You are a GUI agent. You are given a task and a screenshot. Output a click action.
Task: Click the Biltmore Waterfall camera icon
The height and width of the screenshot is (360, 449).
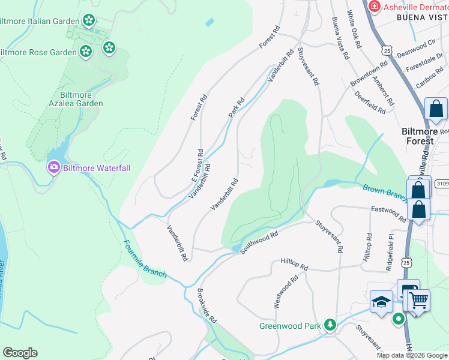[x=54, y=167]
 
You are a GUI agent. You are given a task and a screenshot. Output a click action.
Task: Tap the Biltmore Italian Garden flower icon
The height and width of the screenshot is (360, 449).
[x=89, y=20]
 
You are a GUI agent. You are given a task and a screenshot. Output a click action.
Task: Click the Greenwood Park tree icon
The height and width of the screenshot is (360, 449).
[x=329, y=325]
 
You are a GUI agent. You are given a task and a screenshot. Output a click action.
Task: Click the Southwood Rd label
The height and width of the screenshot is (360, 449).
[x=259, y=242]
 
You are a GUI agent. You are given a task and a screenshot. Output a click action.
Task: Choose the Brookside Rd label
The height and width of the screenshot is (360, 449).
[x=206, y=307]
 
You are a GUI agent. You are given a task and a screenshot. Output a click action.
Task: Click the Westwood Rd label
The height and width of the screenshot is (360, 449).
[x=286, y=292]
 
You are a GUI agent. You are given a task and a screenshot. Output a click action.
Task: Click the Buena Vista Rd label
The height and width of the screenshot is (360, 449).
[x=340, y=38]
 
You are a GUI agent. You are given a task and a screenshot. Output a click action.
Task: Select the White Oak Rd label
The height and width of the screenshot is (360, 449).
[x=354, y=29]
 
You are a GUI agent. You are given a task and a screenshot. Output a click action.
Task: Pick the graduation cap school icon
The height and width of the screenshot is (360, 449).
[x=381, y=302]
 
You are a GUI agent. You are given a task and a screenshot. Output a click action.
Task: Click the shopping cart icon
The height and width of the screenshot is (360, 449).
[x=418, y=299]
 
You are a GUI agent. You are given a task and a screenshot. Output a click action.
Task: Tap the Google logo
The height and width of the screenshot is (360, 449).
[x=20, y=353]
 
